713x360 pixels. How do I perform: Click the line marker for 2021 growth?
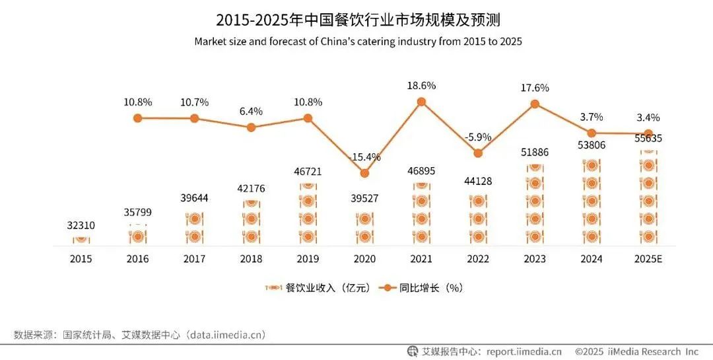[x=421, y=102]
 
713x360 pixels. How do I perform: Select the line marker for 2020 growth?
[x=364, y=173]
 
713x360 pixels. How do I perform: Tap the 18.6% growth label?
[x=421, y=86]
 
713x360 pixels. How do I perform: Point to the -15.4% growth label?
[x=364, y=157]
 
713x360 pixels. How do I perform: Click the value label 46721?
[x=308, y=171]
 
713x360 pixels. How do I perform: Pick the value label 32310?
[x=81, y=225]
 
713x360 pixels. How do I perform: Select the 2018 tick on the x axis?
[x=251, y=259]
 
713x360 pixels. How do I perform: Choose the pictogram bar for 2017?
[x=194, y=227]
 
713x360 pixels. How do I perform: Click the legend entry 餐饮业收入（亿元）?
[x=321, y=288]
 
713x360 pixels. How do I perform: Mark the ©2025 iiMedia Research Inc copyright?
[x=636, y=351]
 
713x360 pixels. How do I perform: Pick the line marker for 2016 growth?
[x=138, y=118]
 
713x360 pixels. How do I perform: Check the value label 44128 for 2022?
[x=478, y=181]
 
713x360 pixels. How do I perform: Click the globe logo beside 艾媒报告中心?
[x=413, y=351]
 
